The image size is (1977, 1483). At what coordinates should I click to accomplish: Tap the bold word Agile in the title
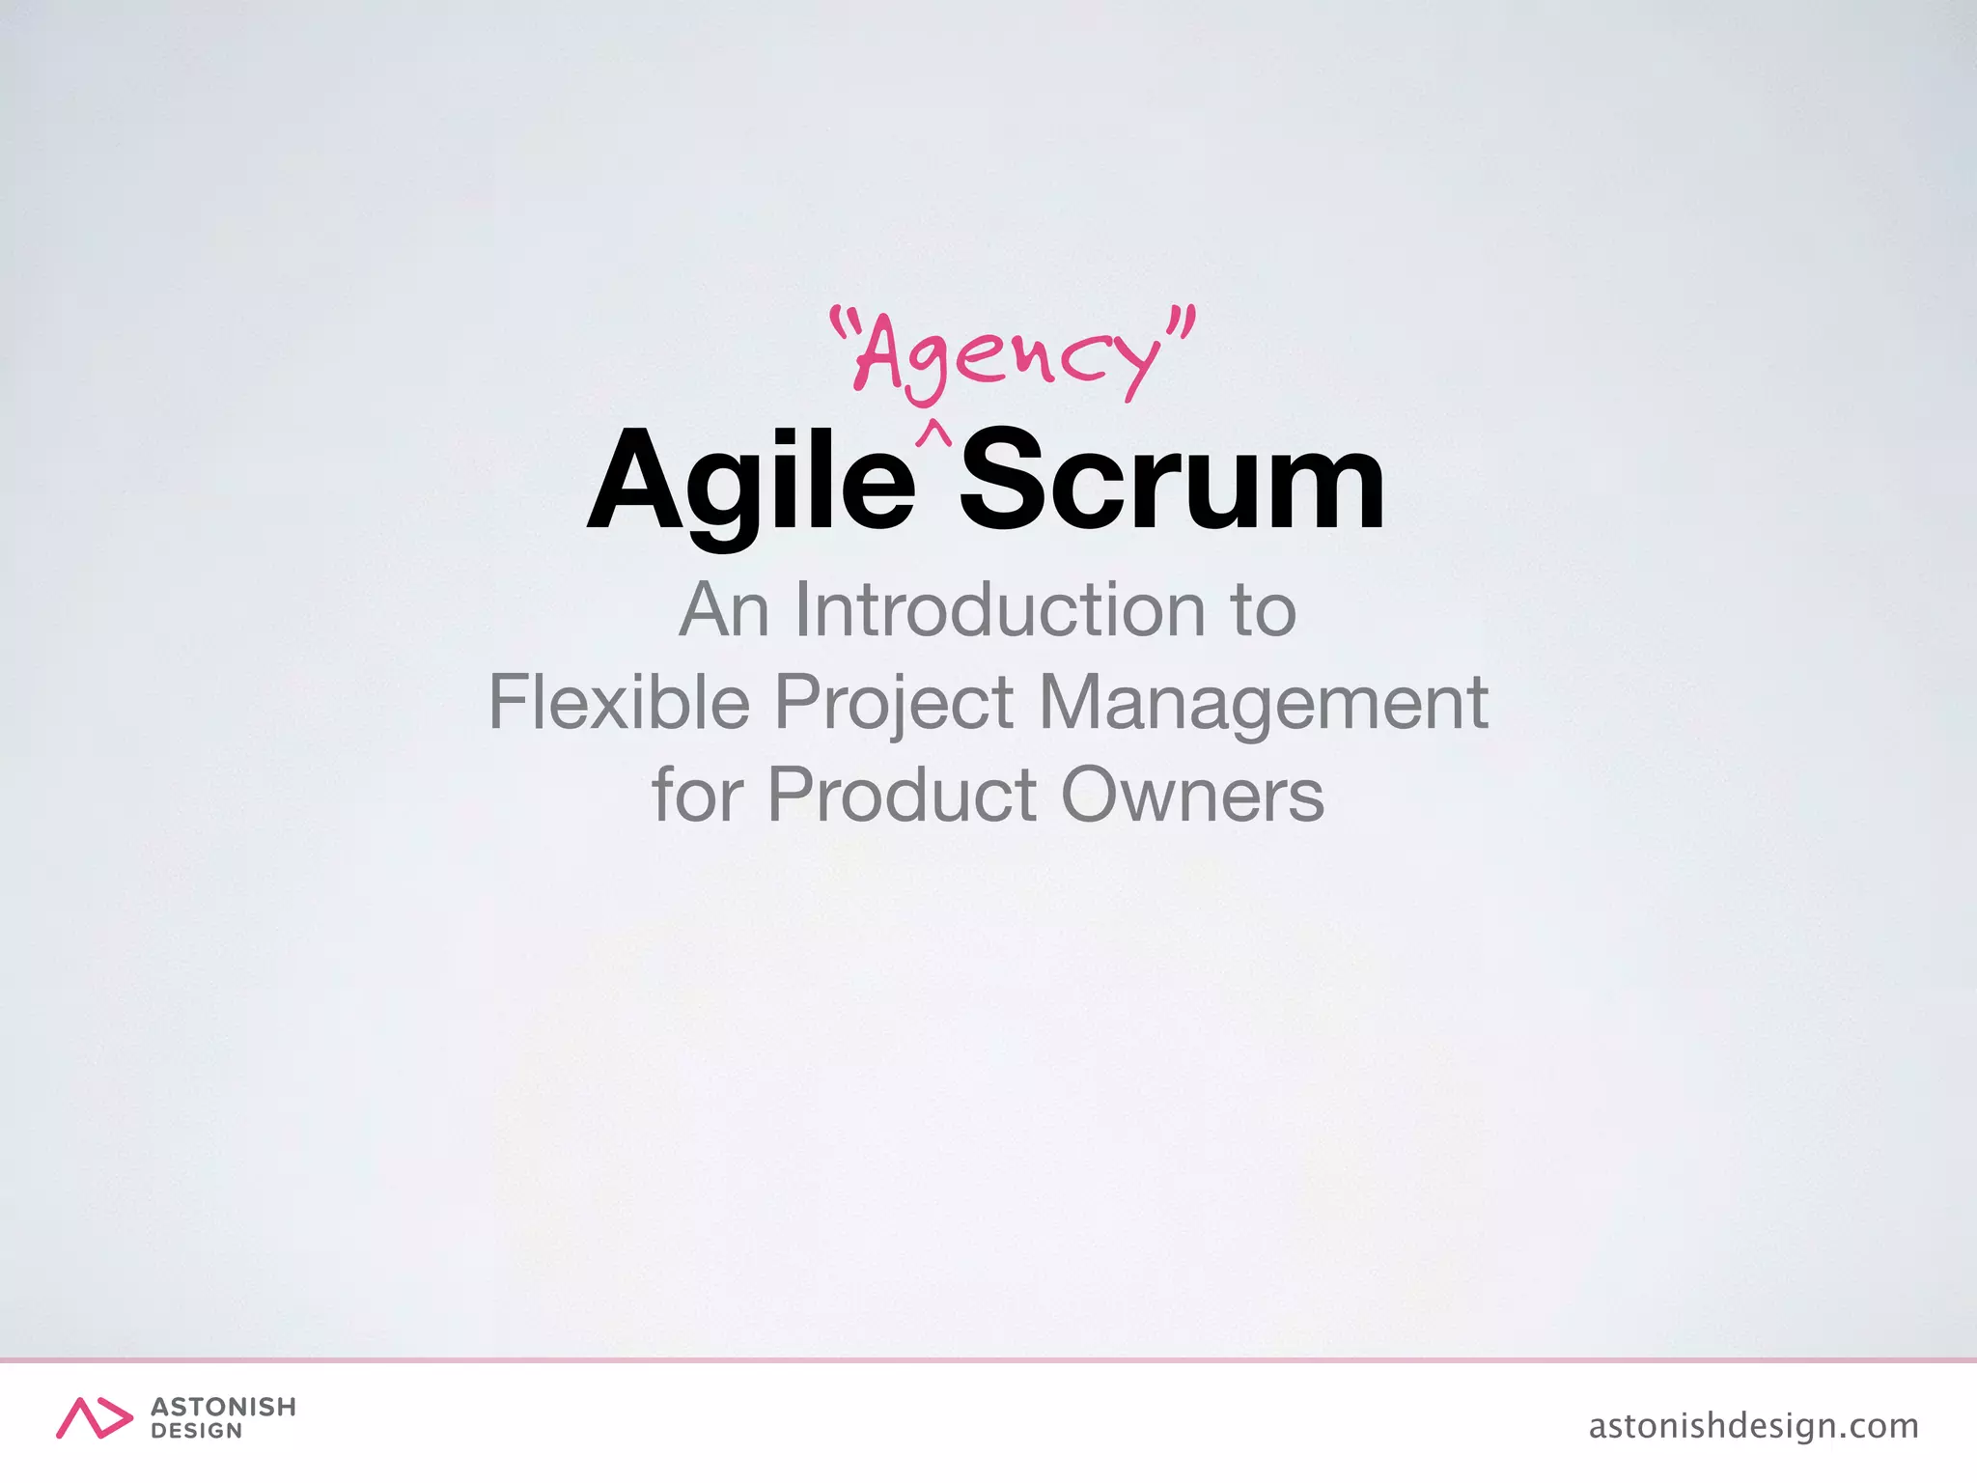pos(751,481)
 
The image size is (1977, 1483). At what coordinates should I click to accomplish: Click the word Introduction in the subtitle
pos(999,610)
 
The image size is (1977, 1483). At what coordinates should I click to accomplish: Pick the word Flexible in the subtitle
pos(619,702)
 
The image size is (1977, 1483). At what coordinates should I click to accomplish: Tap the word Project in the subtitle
pos(894,704)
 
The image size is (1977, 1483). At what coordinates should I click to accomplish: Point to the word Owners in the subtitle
pos(1192,795)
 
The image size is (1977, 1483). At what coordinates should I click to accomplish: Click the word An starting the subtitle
pos(724,610)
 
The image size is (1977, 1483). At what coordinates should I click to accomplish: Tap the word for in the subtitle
pos(697,795)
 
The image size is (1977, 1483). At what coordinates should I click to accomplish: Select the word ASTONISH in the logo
pos(223,1407)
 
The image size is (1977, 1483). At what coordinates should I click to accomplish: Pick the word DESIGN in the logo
pos(196,1432)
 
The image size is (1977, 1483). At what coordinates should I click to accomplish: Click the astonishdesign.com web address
pos(1753,1425)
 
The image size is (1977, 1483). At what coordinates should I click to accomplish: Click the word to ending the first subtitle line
pos(1262,610)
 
